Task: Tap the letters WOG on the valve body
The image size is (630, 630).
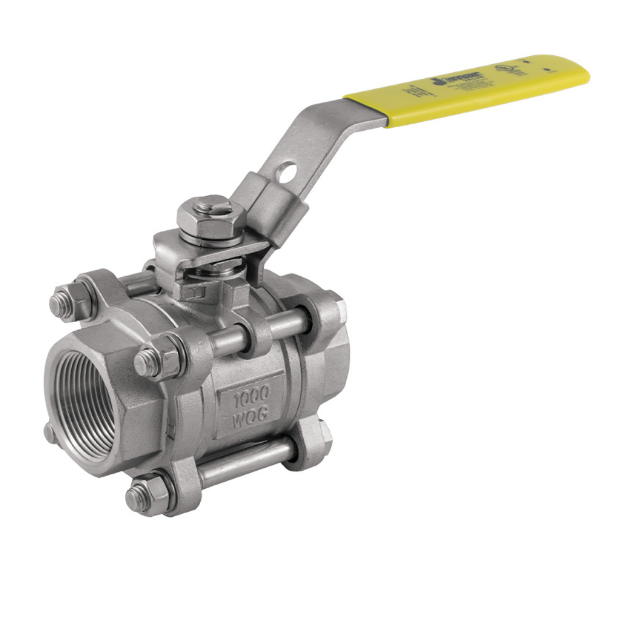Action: (250, 418)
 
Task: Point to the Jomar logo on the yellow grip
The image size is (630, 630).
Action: (446, 79)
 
